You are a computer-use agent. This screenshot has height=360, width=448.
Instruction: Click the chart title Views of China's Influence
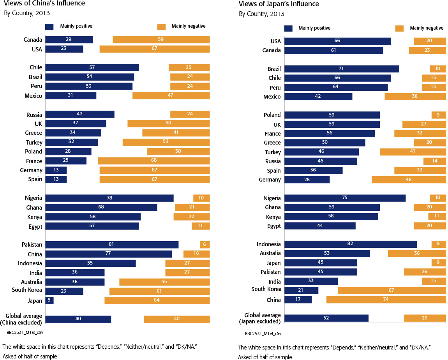click(x=45, y=4)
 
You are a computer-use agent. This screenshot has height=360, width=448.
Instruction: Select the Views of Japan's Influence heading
click(x=279, y=4)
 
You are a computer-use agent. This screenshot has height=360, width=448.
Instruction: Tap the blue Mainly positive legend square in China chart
click(x=49, y=26)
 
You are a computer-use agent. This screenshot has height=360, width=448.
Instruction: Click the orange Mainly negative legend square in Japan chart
click(x=399, y=28)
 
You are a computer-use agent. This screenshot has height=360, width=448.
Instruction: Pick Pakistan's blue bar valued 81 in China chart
click(x=112, y=245)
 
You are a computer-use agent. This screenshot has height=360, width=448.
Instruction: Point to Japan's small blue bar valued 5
click(x=49, y=300)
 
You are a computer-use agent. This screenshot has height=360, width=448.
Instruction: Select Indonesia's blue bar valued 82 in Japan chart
click(x=351, y=244)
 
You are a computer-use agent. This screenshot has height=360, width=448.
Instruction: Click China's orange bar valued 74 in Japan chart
click(x=386, y=300)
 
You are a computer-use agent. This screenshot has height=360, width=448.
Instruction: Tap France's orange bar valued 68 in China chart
click(x=154, y=161)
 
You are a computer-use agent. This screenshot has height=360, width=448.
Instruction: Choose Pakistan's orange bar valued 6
click(x=205, y=245)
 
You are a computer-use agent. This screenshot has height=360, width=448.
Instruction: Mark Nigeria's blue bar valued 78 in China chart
click(x=109, y=198)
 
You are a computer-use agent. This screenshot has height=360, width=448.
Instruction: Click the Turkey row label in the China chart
click(x=34, y=143)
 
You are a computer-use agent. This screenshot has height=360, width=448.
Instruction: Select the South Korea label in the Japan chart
click(x=266, y=289)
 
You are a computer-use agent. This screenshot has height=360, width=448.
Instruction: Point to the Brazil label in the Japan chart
click(x=274, y=69)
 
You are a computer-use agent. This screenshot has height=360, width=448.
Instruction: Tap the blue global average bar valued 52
click(x=326, y=318)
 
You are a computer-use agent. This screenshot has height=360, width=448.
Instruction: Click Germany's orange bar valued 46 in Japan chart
click(x=409, y=180)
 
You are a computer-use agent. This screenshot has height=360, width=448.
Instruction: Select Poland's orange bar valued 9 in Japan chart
click(x=439, y=115)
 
